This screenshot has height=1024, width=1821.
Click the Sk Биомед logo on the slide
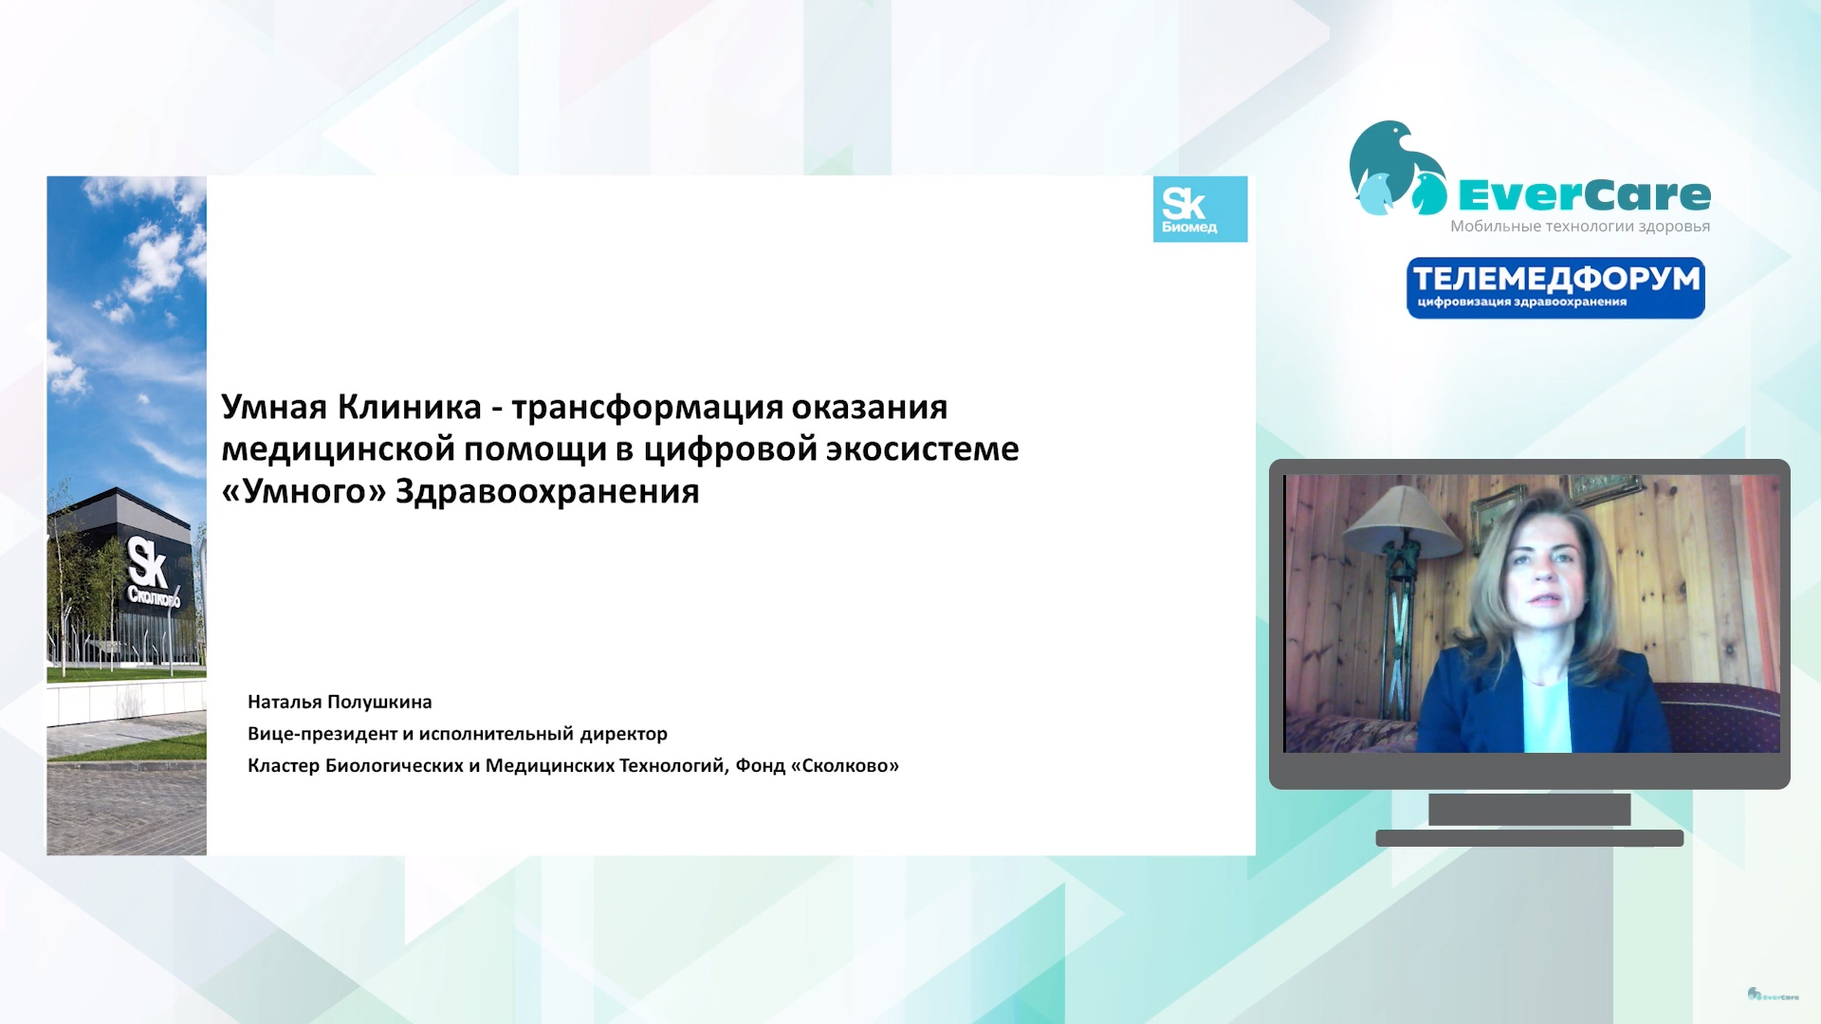pyautogui.click(x=1200, y=209)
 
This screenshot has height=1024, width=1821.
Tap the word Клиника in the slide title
pyautogui.click(x=410, y=407)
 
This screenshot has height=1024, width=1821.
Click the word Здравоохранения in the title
pyautogui.click(x=547, y=492)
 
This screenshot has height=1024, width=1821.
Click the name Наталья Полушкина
pyautogui.click(x=340, y=702)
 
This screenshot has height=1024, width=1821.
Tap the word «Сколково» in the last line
pyautogui.click(x=845, y=765)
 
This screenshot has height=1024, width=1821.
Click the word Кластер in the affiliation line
pyautogui.click(x=284, y=765)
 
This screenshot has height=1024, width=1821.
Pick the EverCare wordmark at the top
pyautogui.click(x=1584, y=195)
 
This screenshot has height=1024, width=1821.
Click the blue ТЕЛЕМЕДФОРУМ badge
pyautogui.click(x=1555, y=288)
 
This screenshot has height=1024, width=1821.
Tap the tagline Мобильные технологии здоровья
pyautogui.click(x=1580, y=227)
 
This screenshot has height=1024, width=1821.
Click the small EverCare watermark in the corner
pyautogui.click(x=1773, y=995)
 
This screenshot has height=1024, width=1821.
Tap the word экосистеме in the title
pyautogui.click(x=922, y=449)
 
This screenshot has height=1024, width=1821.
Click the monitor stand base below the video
pyautogui.click(x=1530, y=838)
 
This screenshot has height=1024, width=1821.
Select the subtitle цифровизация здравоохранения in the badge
pyautogui.click(x=1522, y=302)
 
